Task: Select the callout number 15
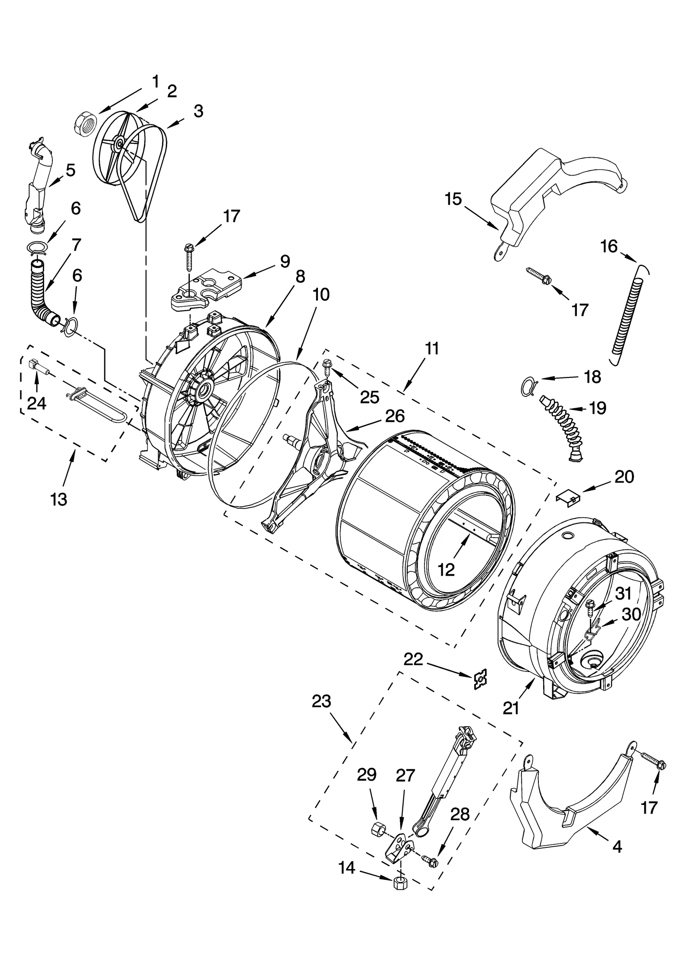(453, 199)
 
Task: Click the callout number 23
(321, 701)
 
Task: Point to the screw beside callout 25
(328, 367)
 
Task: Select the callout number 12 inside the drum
(446, 570)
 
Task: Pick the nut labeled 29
(378, 829)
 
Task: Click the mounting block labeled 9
(205, 290)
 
